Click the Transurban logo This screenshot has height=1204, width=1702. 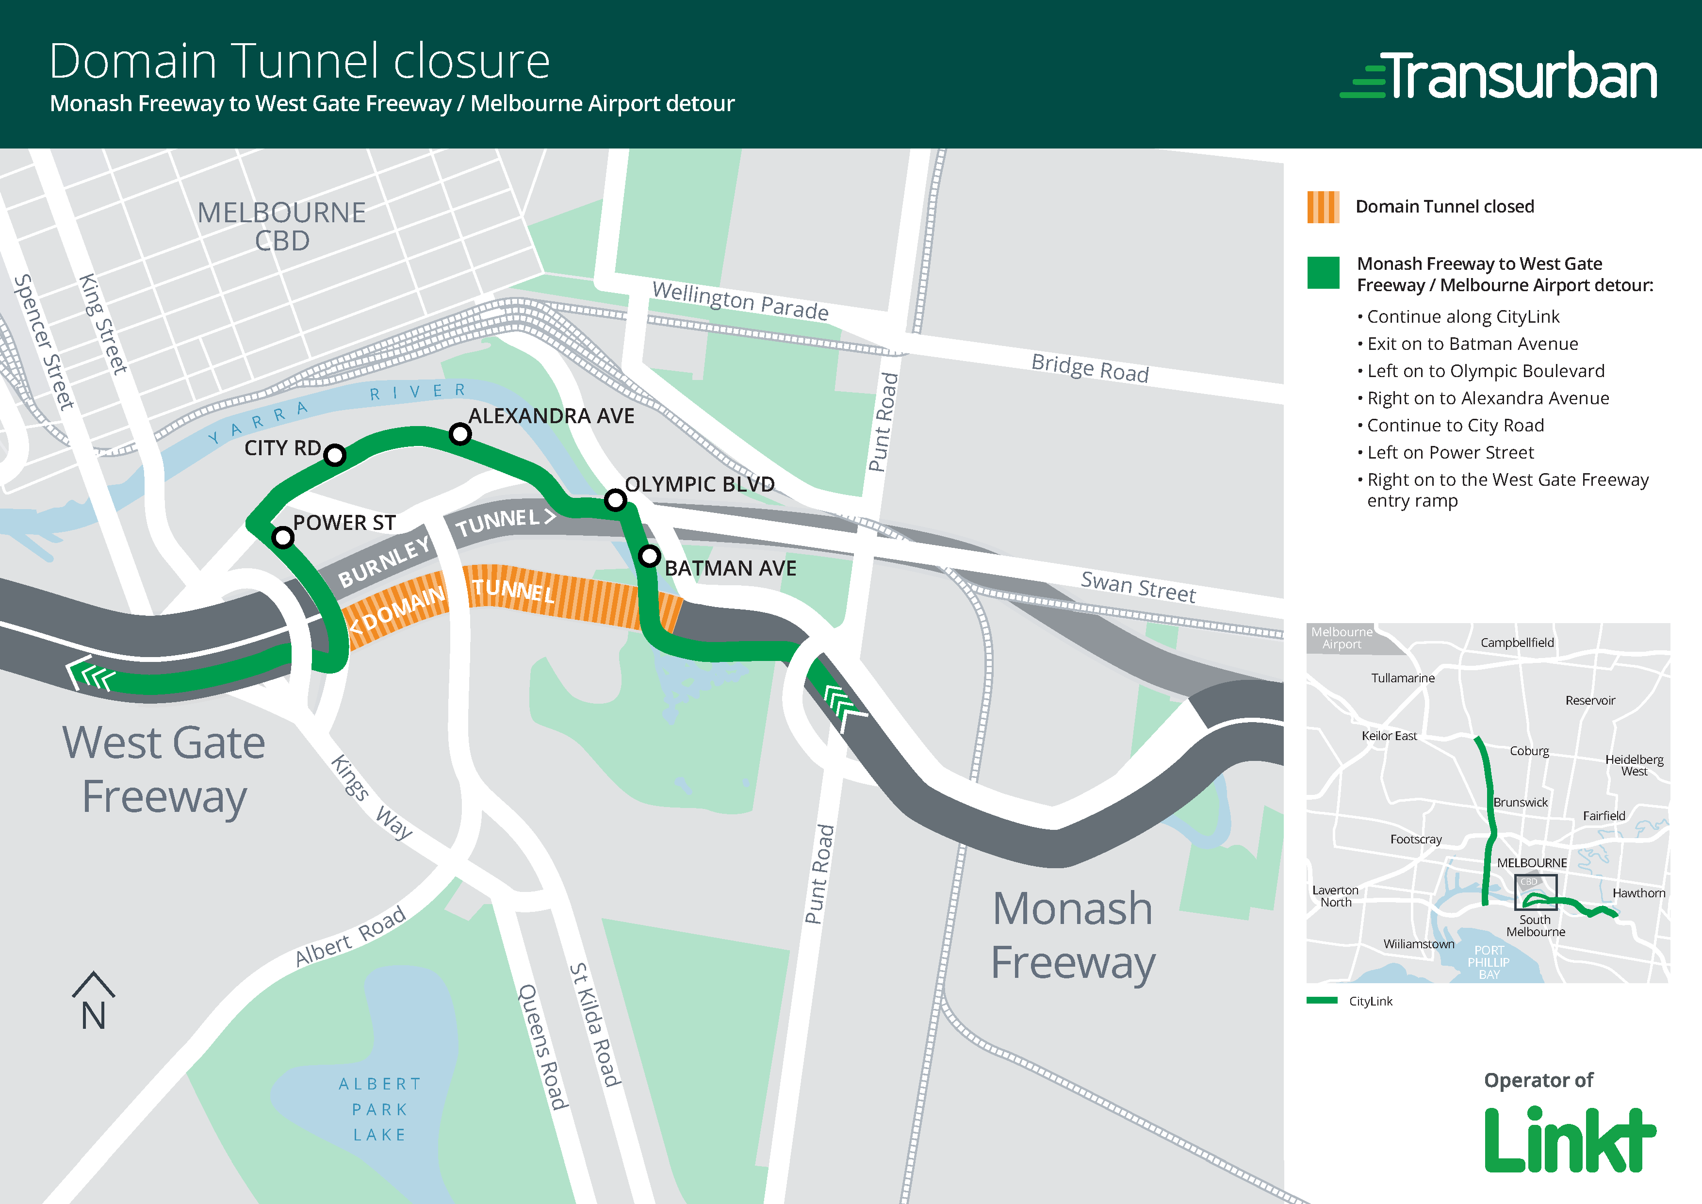click(1499, 76)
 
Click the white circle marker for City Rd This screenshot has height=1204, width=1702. click(334, 454)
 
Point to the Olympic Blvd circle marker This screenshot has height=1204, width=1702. click(615, 500)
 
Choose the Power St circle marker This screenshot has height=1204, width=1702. click(282, 537)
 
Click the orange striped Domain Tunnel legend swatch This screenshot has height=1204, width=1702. click(1323, 207)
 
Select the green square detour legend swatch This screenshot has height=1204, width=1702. click(1323, 272)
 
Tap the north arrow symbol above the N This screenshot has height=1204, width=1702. click(94, 985)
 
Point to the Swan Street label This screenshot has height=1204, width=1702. click(1138, 586)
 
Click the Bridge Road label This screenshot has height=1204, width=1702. click(1090, 368)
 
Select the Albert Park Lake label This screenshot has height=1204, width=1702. click(379, 1109)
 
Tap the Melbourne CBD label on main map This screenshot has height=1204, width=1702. click(282, 226)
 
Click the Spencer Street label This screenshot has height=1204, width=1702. click(45, 342)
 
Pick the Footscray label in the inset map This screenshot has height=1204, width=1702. click(1416, 839)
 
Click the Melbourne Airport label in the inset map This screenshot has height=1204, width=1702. click(1342, 638)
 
